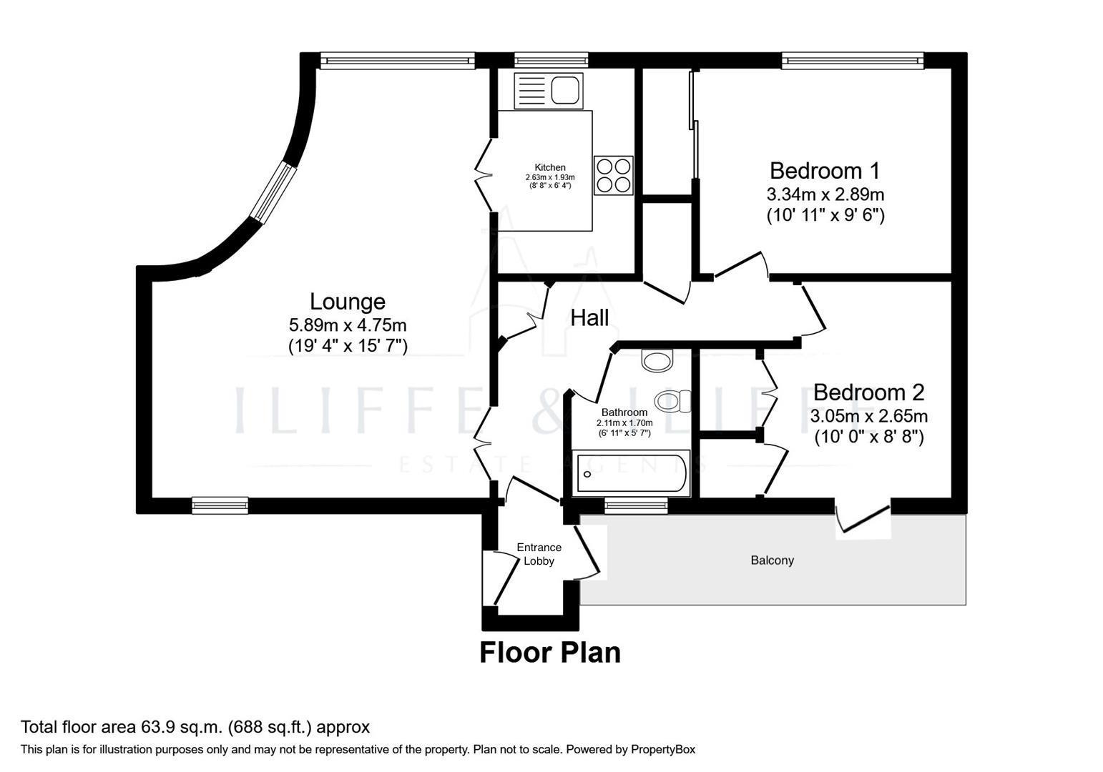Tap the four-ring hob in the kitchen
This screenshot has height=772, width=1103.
[x=614, y=175]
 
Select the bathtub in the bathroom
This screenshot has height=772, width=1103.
[x=630, y=472]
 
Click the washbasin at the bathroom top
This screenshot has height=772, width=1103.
[x=657, y=359]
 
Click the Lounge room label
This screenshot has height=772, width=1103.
[x=347, y=302]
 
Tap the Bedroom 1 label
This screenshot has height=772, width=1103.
[x=825, y=171]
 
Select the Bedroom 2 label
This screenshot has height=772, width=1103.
[x=868, y=392]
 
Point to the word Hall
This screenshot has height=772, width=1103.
[x=589, y=317]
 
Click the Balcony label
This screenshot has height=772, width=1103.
[x=772, y=560]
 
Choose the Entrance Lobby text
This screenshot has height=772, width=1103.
[x=539, y=554]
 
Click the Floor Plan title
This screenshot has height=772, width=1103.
[x=549, y=653]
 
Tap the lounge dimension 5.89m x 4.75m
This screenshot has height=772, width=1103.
[x=348, y=325]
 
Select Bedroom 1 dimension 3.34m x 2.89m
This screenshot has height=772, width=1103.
[x=825, y=194]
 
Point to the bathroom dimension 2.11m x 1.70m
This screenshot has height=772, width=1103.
[x=624, y=423]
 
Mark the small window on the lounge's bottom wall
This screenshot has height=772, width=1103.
[x=220, y=505]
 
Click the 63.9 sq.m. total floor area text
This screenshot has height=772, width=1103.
[x=195, y=728]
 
